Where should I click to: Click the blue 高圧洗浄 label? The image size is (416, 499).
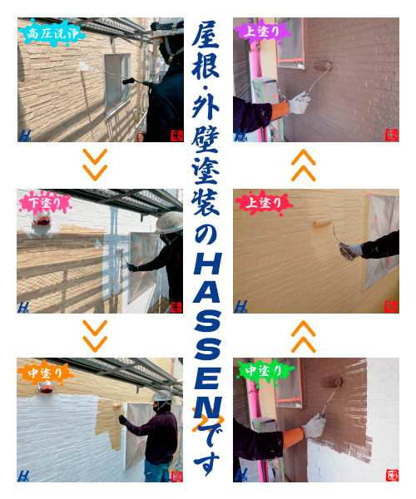[x=52, y=33]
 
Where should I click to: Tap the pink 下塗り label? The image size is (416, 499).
[x=45, y=203]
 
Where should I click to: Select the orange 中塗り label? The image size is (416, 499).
[x=46, y=373]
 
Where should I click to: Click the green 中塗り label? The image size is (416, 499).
[x=265, y=371]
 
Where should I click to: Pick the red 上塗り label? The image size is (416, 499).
[x=264, y=202]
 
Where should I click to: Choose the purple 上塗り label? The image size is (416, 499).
[x=263, y=32]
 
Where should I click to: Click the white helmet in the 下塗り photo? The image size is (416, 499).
[x=169, y=223]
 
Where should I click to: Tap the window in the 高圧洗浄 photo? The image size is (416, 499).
[x=117, y=84]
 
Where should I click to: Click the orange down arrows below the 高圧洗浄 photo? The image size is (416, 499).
[x=95, y=165]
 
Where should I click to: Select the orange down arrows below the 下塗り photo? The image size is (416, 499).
[x=95, y=336]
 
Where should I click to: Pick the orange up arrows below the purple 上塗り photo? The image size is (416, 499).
[x=304, y=166]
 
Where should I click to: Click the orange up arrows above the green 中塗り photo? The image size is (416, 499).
[x=304, y=337]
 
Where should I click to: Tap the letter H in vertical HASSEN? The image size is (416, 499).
[x=207, y=264]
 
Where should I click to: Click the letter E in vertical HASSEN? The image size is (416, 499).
[x=207, y=378]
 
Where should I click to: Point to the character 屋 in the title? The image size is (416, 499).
[x=206, y=34]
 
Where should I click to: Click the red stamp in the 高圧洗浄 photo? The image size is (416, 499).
[x=177, y=136]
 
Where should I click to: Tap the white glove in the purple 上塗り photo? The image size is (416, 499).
[x=299, y=103]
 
